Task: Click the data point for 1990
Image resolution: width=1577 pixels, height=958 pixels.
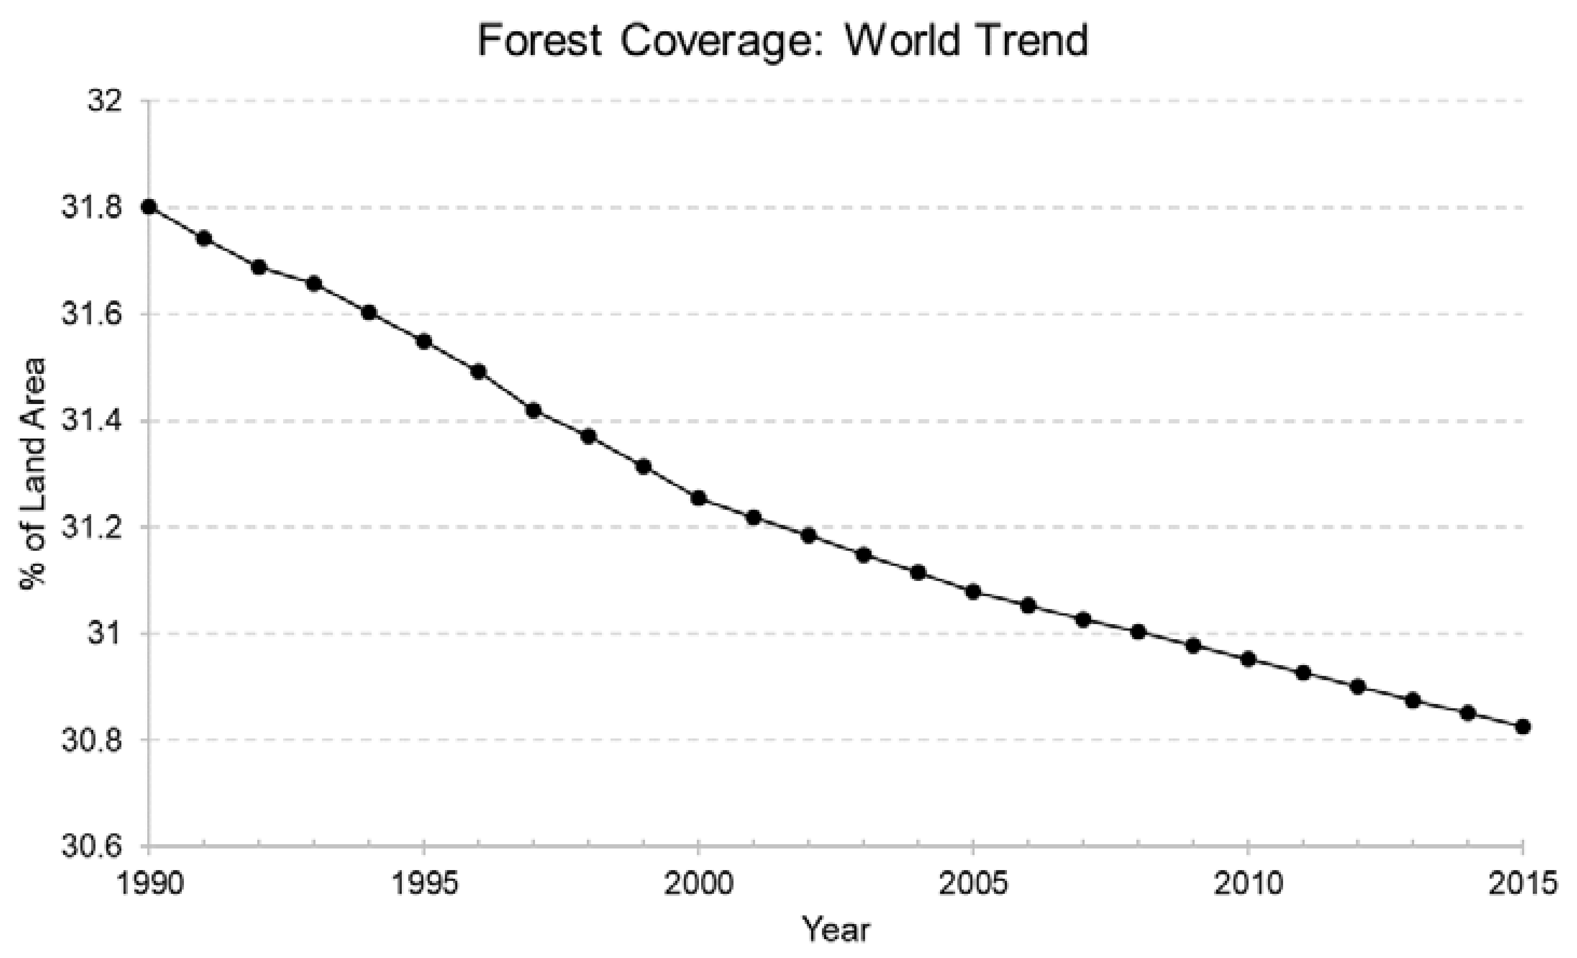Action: click(149, 207)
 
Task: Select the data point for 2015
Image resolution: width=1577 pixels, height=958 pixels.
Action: click(1523, 727)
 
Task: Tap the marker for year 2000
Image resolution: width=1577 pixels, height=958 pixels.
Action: click(698, 498)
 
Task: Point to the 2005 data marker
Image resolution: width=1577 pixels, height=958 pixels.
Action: click(973, 592)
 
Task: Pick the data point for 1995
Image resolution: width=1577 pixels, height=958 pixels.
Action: click(424, 341)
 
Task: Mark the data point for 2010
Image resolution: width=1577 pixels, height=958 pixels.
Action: click(1248, 659)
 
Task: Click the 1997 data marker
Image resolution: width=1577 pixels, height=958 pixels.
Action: click(534, 410)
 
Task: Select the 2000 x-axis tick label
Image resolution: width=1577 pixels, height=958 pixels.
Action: click(698, 884)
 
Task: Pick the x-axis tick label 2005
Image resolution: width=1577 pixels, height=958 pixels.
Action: click(973, 884)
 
